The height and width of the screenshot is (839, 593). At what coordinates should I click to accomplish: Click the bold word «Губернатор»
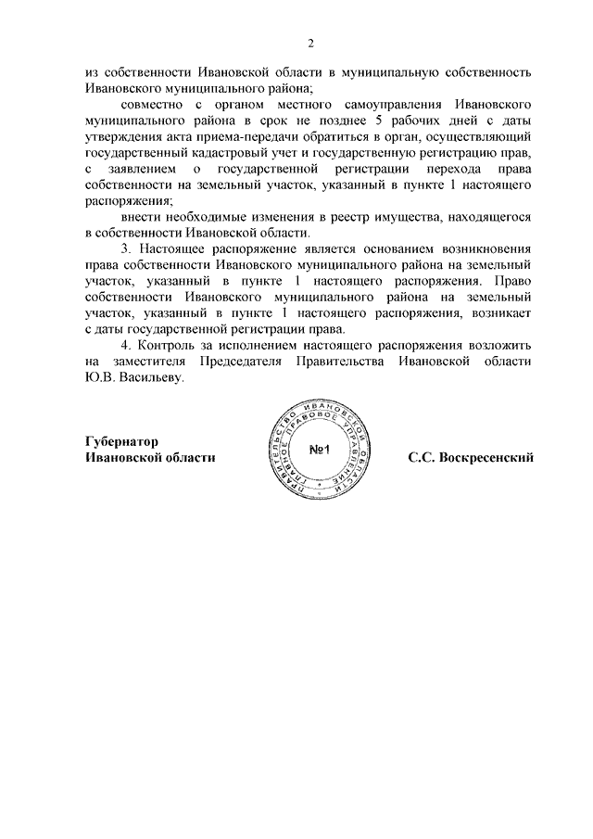[x=120, y=442]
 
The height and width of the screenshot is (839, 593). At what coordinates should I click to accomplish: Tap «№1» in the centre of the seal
[x=318, y=451]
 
